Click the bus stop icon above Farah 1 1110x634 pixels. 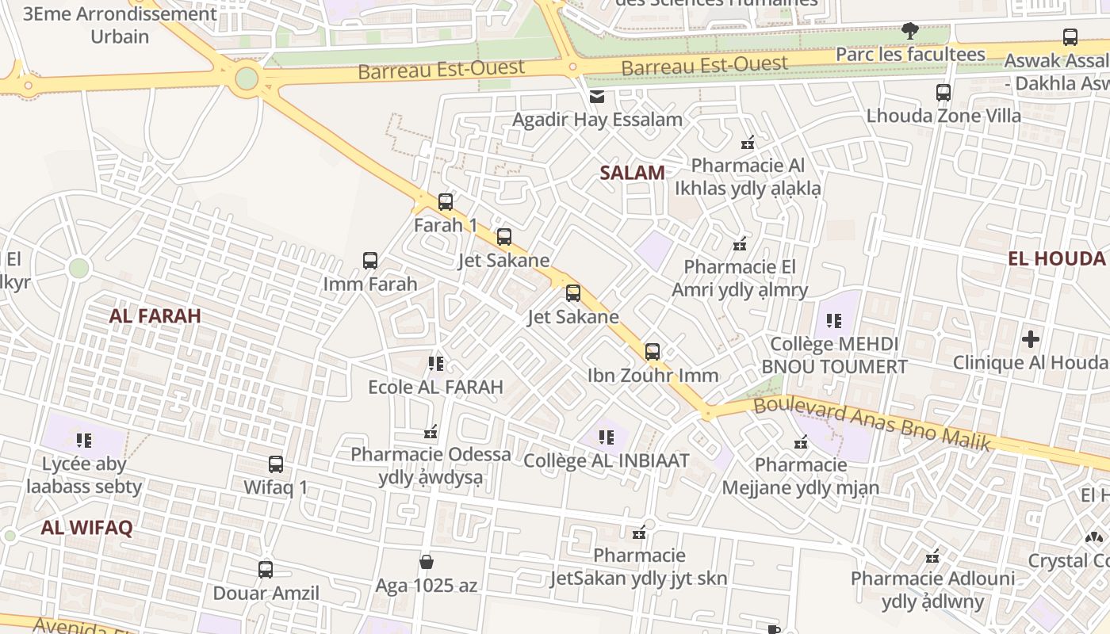pos(446,201)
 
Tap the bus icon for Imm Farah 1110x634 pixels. pos(370,260)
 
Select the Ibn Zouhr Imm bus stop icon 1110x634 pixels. pos(653,351)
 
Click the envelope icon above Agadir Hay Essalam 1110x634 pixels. pos(596,97)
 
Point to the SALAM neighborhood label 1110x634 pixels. pos(632,173)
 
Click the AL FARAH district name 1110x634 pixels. pos(155,315)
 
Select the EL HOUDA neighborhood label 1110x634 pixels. pos(1056,258)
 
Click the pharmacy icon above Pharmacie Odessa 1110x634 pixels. pos(431,432)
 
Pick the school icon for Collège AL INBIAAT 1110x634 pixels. pos(607,437)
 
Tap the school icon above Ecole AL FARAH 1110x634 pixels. pos(435,364)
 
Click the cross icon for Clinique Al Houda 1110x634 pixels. pos(1031,339)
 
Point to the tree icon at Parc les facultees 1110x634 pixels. pos(910,31)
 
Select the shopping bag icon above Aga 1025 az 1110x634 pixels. pos(427,562)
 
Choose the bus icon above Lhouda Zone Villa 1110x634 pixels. pos(943,92)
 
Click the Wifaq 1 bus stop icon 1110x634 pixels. pos(276,464)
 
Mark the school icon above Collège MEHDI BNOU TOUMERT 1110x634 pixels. pos(834,320)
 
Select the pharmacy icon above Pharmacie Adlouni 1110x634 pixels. pos(933,556)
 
